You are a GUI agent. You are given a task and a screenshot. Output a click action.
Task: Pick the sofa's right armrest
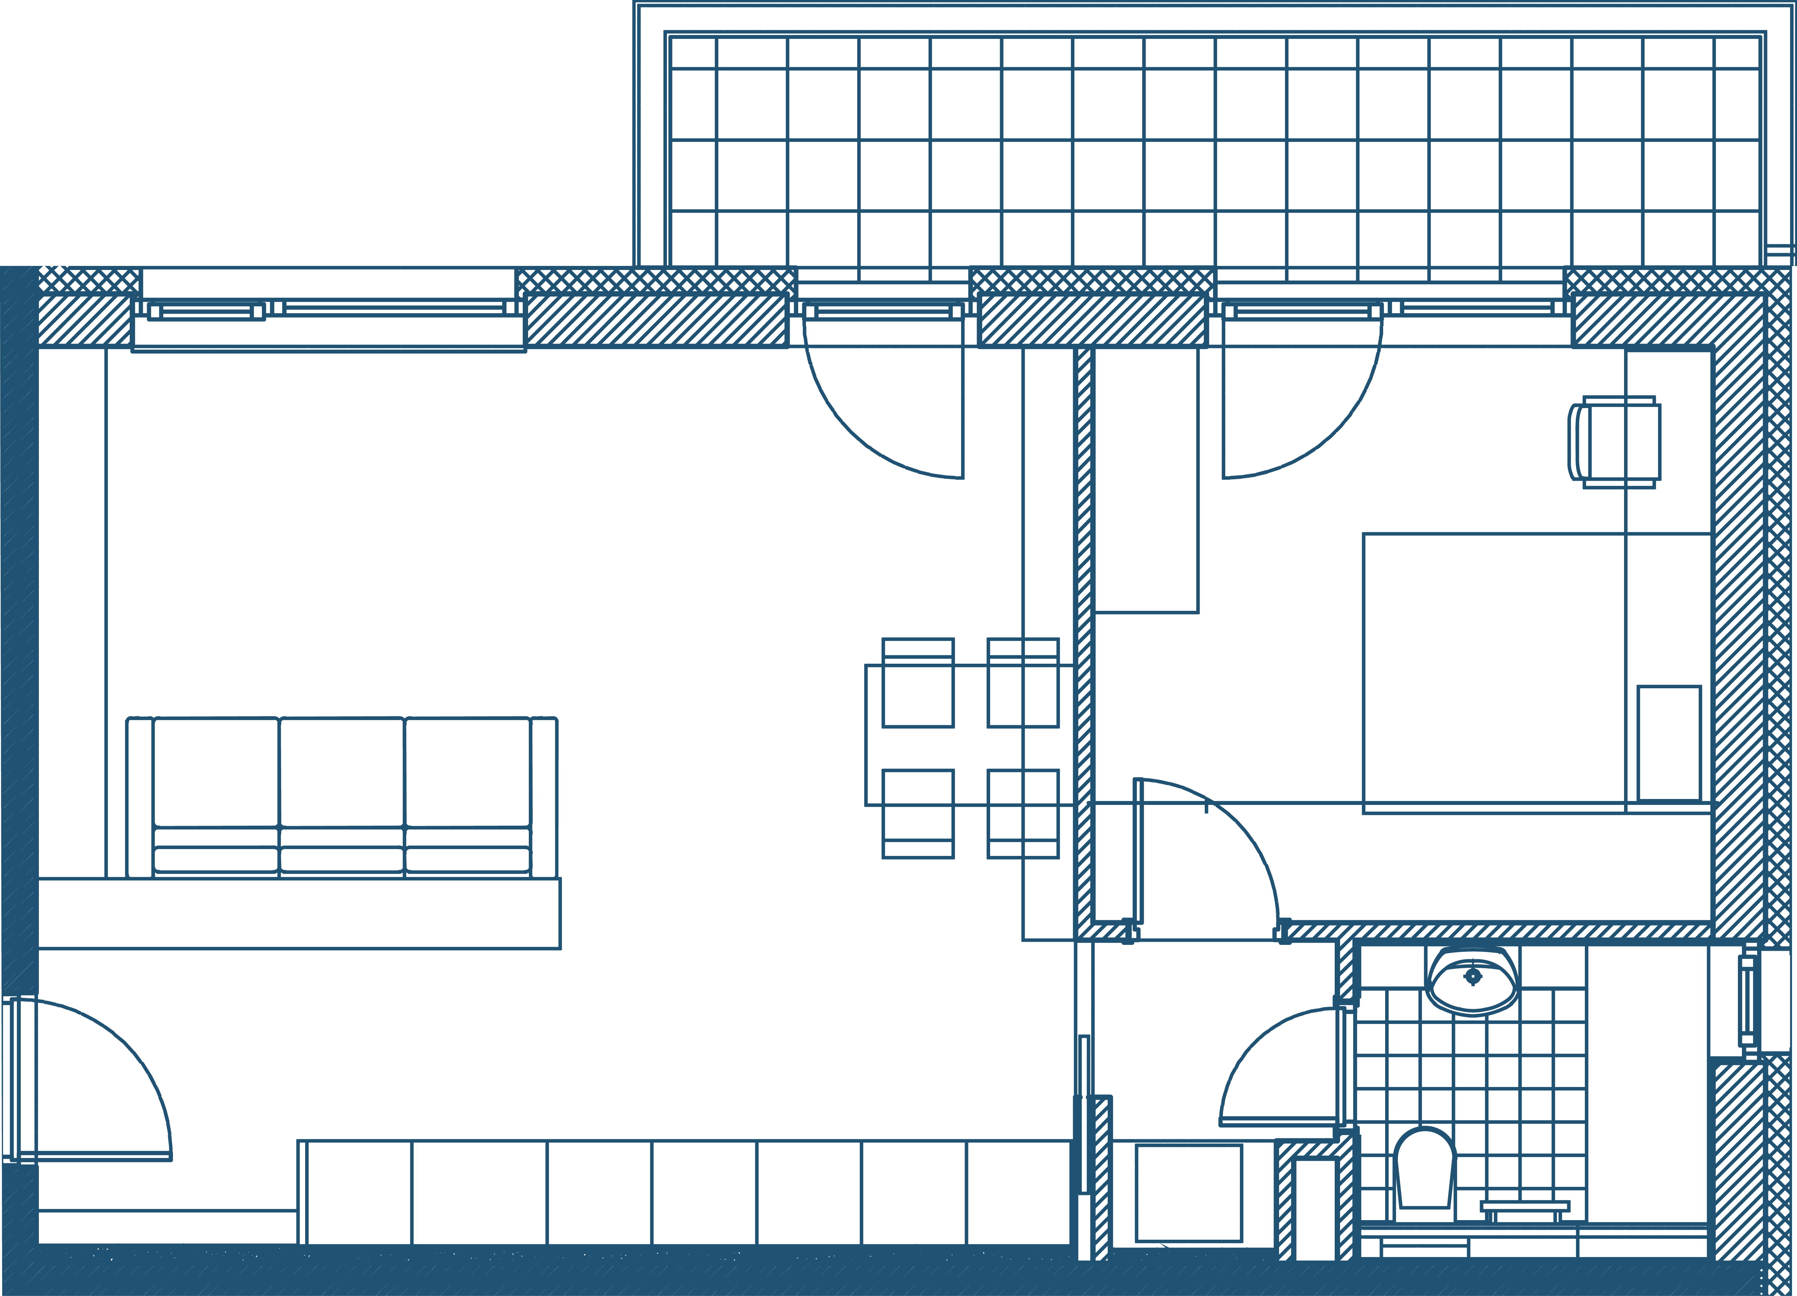544,796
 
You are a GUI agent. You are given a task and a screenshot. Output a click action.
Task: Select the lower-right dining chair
1023,814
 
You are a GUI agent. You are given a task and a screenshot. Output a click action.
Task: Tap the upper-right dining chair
1023,683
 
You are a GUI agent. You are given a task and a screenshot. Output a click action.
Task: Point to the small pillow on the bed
1669,743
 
